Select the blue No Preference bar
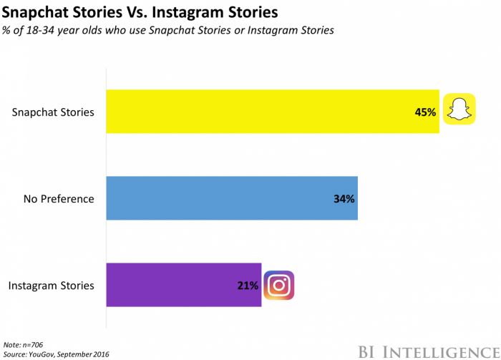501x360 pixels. tap(229, 198)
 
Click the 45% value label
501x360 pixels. tap(424, 112)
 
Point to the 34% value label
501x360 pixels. tap(344, 198)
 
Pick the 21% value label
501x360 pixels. tap(248, 285)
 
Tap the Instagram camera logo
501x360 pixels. tap(279, 285)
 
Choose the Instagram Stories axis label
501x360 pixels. tap(52, 286)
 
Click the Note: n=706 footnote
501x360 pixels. tap(23, 344)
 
